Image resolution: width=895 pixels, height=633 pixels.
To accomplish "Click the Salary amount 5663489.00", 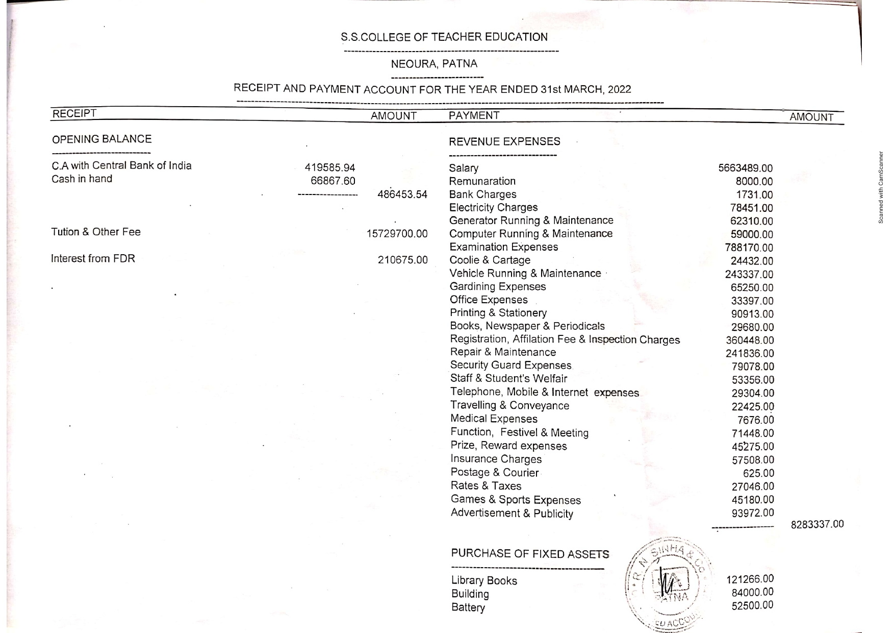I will click(745, 168).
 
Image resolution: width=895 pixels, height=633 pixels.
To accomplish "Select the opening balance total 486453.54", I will click(402, 194).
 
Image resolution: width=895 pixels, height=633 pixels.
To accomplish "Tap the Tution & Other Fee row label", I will click(95, 232).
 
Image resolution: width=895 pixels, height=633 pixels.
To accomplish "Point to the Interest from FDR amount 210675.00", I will click(402, 260).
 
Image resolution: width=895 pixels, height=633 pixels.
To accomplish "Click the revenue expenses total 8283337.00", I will click(817, 524).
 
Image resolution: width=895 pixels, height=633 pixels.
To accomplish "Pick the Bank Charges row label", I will click(482, 194).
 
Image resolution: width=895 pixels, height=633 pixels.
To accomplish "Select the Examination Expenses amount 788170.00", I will click(749, 248).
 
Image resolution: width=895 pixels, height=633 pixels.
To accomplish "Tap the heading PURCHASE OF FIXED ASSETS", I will click(529, 554).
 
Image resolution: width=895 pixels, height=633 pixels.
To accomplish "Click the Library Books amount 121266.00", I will click(750, 579).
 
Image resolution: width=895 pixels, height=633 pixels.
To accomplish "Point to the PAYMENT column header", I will click(474, 115).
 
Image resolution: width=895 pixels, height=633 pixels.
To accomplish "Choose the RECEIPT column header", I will click(74, 113).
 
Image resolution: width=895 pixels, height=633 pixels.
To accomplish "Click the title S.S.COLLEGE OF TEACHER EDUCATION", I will click(444, 37).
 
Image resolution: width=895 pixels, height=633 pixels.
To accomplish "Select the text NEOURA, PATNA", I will click(434, 64).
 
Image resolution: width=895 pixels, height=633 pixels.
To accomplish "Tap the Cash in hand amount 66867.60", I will click(333, 181).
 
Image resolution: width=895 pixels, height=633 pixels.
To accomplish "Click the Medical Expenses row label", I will click(494, 419).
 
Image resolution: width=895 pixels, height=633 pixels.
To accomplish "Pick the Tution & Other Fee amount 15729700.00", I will click(397, 234).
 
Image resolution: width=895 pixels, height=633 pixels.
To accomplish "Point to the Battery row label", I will click(468, 607).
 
